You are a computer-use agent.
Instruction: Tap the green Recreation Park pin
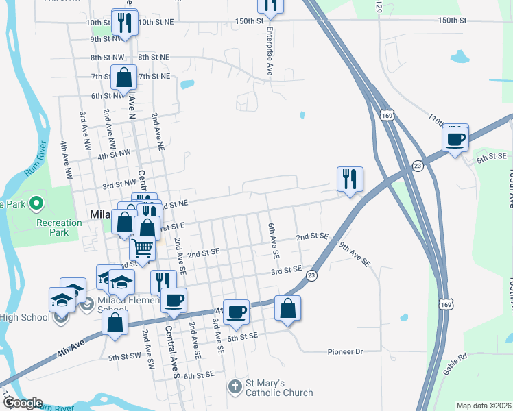click(38, 203)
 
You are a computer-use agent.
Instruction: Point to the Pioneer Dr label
click(344, 351)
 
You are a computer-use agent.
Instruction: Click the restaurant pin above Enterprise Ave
click(270, 5)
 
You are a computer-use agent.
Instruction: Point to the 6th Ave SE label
click(274, 239)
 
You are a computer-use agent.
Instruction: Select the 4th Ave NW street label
click(66, 160)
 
